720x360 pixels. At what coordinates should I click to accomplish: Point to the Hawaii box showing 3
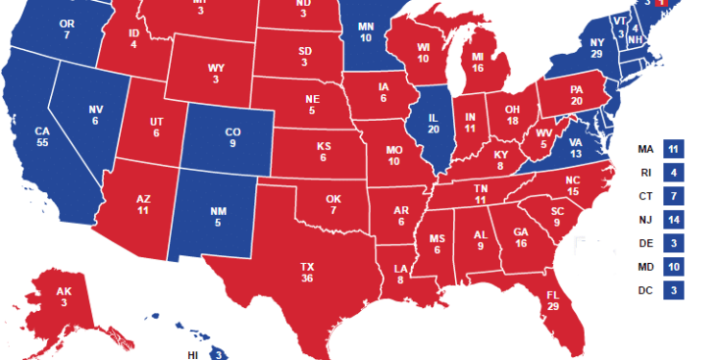[219, 354]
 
